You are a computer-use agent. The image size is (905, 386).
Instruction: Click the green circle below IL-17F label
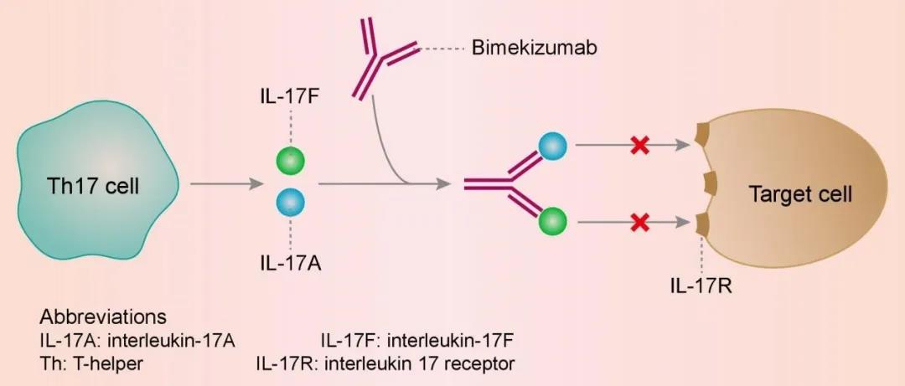click(290, 160)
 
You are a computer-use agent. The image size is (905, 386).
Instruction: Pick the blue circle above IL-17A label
click(290, 202)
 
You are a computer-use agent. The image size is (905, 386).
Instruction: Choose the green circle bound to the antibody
click(552, 222)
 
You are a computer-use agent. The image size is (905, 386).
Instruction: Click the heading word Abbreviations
click(102, 318)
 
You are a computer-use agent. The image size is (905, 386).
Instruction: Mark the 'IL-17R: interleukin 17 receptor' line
click(385, 363)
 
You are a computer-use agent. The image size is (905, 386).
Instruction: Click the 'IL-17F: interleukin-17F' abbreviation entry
click(416, 341)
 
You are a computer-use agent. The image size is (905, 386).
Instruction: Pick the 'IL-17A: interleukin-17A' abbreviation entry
click(138, 341)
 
